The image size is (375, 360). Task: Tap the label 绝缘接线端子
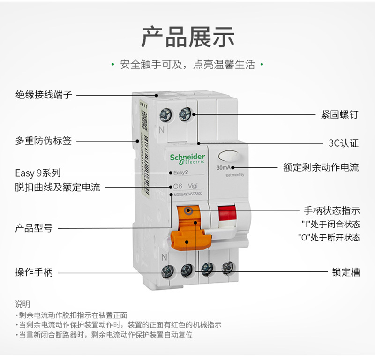coord(44,95)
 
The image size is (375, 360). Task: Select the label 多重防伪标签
coord(44,141)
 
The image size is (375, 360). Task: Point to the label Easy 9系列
coord(38,173)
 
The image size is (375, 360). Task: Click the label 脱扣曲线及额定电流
coord(57,187)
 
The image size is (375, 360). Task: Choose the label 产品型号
coord(34,228)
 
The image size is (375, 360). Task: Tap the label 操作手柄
coord(34,272)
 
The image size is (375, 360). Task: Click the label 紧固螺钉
coord(339,114)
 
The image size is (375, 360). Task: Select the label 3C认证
coord(343,143)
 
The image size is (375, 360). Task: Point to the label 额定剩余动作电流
coord(321,167)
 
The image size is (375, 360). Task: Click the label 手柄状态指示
coord(332,210)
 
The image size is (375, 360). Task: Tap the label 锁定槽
coord(345,272)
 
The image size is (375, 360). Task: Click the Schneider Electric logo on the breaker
coord(187,158)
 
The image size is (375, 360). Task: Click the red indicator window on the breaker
coord(228,214)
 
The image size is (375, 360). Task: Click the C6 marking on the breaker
coord(178,186)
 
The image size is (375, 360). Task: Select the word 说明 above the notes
coord(22,304)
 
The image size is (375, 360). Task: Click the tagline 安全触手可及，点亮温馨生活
coord(187,65)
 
